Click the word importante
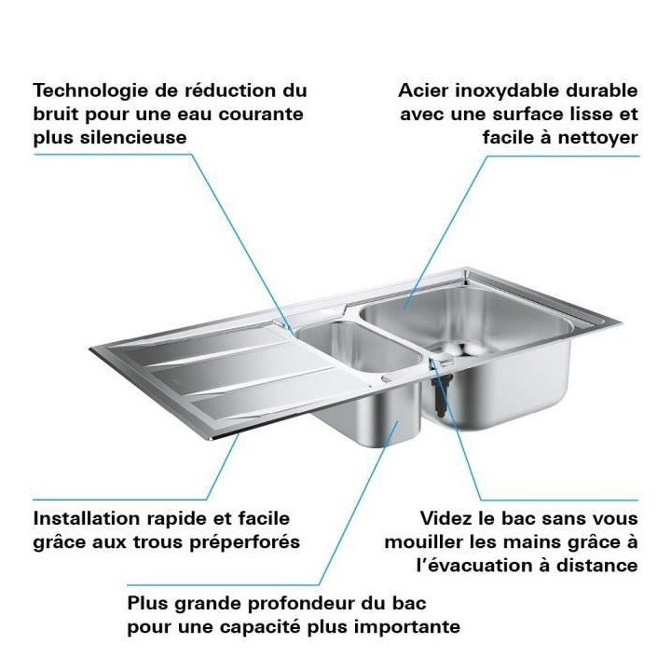[x=408, y=625]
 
